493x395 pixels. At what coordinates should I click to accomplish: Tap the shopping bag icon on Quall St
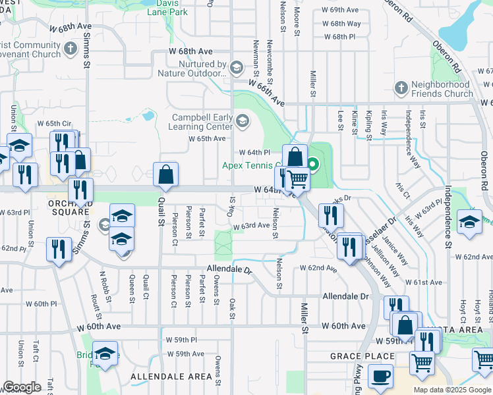click(x=166, y=174)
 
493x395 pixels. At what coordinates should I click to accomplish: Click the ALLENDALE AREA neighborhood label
click(x=171, y=377)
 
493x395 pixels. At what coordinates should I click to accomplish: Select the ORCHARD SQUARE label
click(x=69, y=207)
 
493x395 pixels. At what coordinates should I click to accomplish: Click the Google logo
click(x=22, y=387)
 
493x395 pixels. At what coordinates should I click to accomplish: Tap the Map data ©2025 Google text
click(x=452, y=390)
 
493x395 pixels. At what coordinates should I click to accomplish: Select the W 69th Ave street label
click(x=340, y=11)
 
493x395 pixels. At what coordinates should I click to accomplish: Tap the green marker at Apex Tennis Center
click(x=313, y=165)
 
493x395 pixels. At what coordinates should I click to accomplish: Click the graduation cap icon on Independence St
click(x=469, y=221)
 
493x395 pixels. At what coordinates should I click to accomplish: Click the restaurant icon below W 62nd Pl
click(x=59, y=248)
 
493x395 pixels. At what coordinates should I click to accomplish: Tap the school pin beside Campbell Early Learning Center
click(x=243, y=120)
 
